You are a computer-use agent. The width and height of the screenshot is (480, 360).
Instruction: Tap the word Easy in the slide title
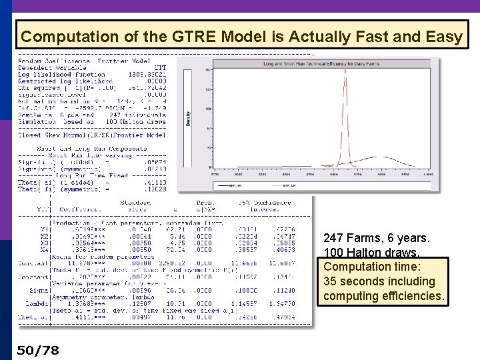pyautogui.click(x=439, y=36)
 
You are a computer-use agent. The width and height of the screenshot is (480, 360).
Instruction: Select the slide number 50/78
pyautogui.click(x=38, y=349)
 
